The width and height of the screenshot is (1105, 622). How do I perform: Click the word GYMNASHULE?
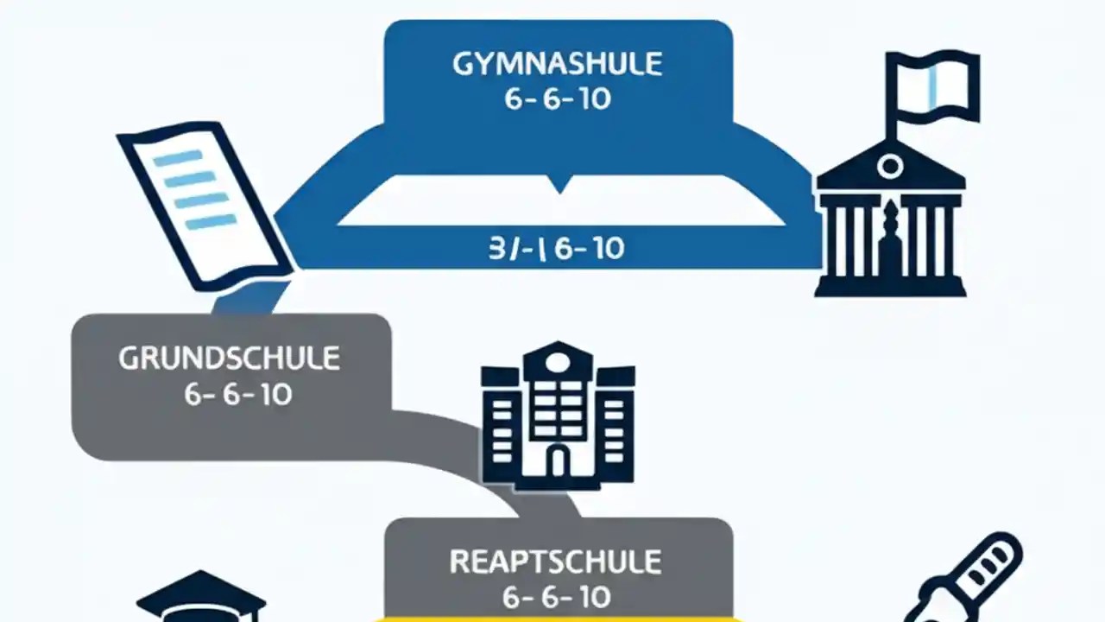pyautogui.click(x=558, y=66)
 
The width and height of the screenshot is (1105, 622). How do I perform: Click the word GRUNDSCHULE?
pyautogui.click(x=229, y=359)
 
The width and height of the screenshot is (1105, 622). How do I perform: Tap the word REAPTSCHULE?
pyautogui.click(x=556, y=562)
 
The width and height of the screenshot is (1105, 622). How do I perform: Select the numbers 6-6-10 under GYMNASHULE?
pyautogui.click(x=558, y=99)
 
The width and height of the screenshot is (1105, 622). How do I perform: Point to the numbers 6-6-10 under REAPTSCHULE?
pyautogui.click(x=557, y=597)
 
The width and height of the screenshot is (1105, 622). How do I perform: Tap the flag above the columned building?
pyautogui.click(x=937, y=82)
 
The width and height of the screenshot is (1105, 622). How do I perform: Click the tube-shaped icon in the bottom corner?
pyautogui.click(x=967, y=579)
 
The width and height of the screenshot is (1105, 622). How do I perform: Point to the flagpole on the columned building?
pyautogui.click(x=892, y=112)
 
